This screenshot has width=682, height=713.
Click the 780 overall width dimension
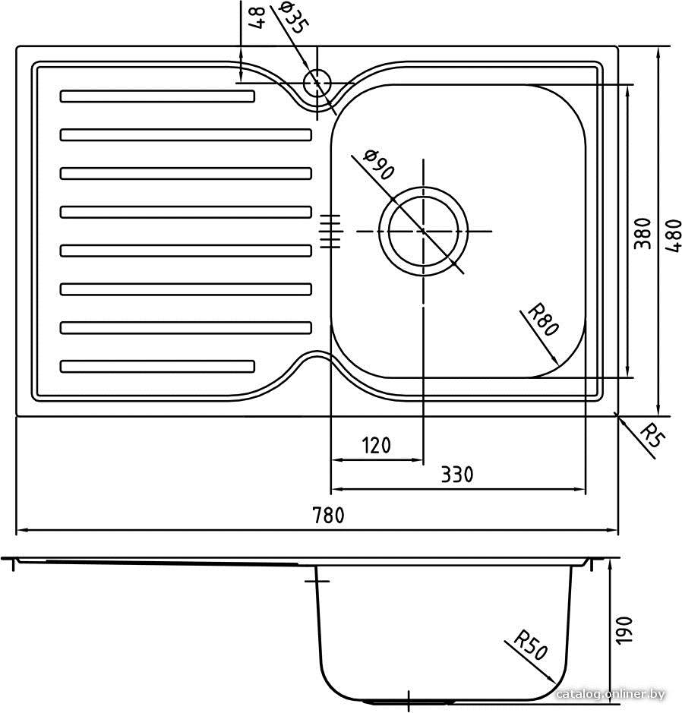(328, 516)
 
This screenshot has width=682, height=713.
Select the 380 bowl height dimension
(642, 233)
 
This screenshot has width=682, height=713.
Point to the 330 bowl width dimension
(457, 475)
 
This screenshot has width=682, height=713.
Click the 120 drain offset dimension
(377, 446)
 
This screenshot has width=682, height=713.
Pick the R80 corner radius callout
(542, 320)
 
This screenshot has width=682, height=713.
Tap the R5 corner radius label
(652, 435)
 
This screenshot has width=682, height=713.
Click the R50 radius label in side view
(529, 645)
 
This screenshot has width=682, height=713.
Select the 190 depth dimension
(624, 629)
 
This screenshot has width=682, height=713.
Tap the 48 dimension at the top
(257, 18)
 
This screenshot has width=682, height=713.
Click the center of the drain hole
(423, 231)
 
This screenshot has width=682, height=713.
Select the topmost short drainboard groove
(157, 96)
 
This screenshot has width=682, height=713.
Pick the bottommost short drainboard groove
(157, 366)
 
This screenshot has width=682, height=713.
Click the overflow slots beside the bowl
(330, 231)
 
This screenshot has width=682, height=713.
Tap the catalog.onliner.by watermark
(611, 694)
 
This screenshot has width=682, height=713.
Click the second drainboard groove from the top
(186, 135)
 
